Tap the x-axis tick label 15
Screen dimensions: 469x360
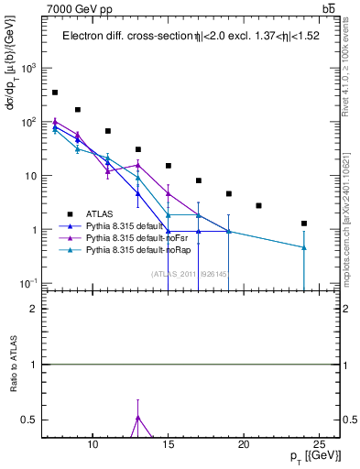point(169,445)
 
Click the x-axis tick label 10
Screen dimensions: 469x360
point(93,445)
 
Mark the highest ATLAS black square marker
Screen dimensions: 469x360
point(55,93)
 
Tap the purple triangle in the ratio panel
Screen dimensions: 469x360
point(137,418)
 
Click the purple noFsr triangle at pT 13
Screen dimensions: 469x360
point(137,165)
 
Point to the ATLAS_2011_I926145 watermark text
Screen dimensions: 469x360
point(189,274)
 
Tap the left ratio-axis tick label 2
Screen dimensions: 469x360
point(34,309)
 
